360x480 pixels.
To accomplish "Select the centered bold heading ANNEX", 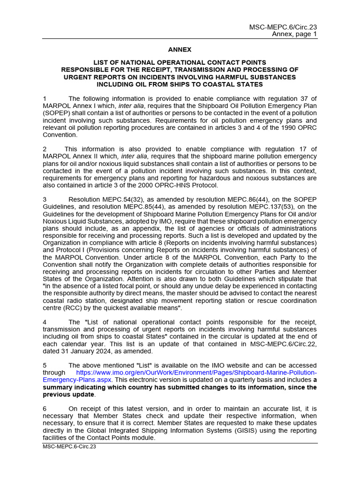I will coord(180,49).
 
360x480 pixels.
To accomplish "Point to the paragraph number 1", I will coord(45,98).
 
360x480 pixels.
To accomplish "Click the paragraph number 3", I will coord(45,199).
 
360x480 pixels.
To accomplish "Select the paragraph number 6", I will coord(45,408).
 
